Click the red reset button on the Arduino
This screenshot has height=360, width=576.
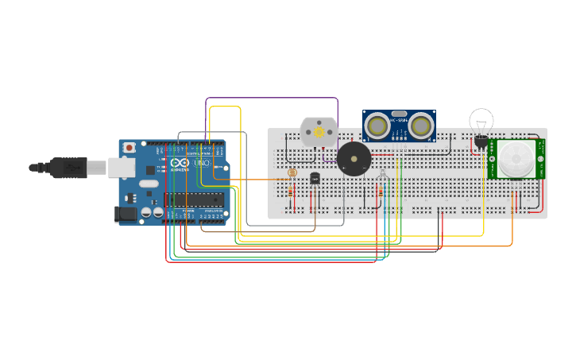129,148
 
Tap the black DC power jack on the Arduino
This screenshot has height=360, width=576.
126,213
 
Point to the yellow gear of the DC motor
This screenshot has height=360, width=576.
319,132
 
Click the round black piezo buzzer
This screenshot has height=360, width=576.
354,159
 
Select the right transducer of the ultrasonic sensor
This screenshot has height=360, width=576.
421,125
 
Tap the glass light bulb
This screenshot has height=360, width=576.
481,122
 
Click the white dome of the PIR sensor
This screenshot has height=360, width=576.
516,159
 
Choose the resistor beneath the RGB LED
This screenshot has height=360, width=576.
384,192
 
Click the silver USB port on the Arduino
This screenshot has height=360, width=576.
120,167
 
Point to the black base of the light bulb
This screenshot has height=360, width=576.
481,142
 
